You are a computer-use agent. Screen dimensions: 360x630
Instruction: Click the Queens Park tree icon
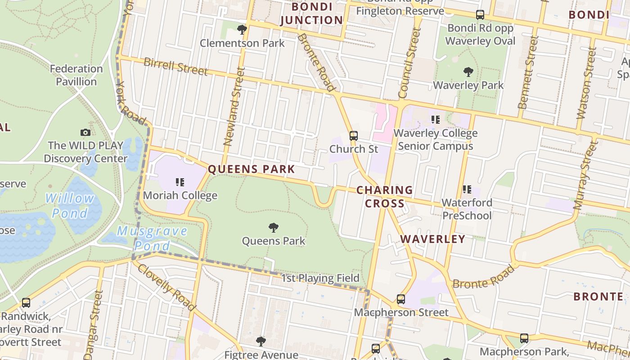pyautogui.click(x=273, y=228)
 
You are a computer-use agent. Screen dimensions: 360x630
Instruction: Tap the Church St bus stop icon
pyautogui.click(x=354, y=135)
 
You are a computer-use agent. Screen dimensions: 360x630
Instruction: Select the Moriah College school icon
pyautogui.click(x=180, y=182)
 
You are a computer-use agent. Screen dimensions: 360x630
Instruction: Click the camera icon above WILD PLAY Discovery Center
pyautogui.click(x=85, y=132)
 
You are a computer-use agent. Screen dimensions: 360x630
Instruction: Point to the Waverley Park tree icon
pyautogui.click(x=468, y=72)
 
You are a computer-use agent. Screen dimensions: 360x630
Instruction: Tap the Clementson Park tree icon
pyautogui.click(x=242, y=30)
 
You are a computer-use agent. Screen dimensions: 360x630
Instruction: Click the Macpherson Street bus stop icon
pyautogui.click(x=400, y=299)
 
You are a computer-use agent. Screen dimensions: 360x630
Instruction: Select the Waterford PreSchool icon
pyautogui.click(x=467, y=189)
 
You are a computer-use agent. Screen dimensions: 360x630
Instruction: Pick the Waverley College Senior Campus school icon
pyautogui.click(x=435, y=120)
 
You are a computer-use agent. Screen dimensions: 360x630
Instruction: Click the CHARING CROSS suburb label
pyautogui.click(x=384, y=197)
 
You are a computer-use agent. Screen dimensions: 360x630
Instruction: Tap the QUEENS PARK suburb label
pyautogui.click(x=251, y=170)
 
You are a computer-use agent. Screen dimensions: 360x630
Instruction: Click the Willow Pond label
pyautogui.click(x=70, y=205)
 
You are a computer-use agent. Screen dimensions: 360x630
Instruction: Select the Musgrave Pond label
pyautogui.click(x=152, y=238)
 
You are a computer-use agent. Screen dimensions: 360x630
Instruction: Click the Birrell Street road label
pyautogui.click(x=175, y=67)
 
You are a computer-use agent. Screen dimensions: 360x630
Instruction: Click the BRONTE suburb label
pyautogui.click(x=598, y=297)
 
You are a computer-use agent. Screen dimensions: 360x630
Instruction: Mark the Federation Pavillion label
pyautogui.click(x=76, y=75)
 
